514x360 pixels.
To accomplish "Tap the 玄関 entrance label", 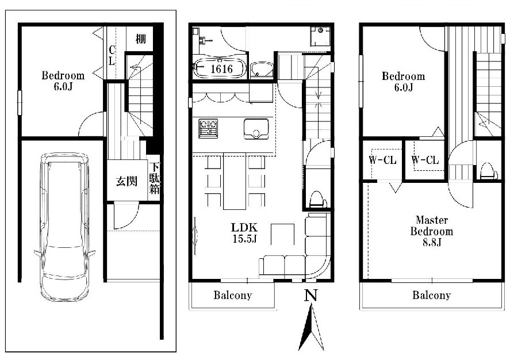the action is click(x=126, y=181).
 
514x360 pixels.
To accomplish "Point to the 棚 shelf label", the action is click(x=140, y=39).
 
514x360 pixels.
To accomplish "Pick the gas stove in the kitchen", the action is click(x=208, y=128).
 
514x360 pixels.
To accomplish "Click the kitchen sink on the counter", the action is click(x=256, y=128).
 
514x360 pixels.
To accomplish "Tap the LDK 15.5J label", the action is click(x=244, y=233).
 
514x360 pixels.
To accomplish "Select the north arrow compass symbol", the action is click(x=311, y=327).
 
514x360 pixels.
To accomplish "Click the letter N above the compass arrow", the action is click(x=311, y=296).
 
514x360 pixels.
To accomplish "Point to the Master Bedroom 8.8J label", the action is click(x=431, y=231).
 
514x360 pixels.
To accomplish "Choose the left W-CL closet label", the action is click(x=382, y=160).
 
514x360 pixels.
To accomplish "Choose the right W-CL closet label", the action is click(x=425, y=160).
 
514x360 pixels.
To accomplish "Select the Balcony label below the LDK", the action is click(x=233, y=295).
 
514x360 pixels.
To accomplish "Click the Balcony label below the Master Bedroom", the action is click(x=431, y=295).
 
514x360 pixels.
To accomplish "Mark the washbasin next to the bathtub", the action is click(x=262, y=70).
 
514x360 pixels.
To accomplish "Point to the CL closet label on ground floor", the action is click(x=112, y=55).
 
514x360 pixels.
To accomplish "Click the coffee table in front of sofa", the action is click(x=282, y=234).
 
